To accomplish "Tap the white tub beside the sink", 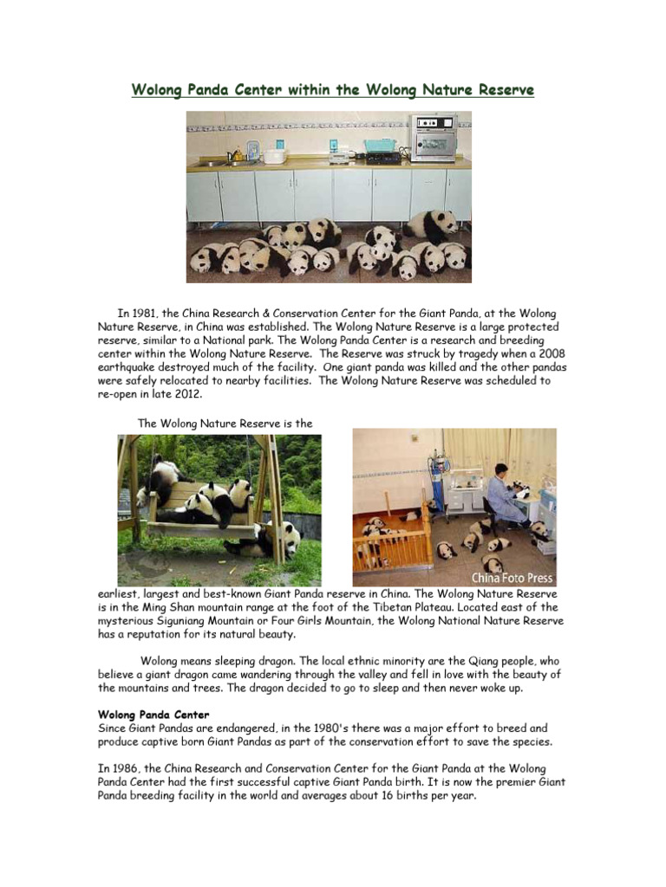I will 275,156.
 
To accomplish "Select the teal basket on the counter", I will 379,146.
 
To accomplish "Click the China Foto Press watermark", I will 512,578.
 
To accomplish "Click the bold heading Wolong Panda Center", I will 153,715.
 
